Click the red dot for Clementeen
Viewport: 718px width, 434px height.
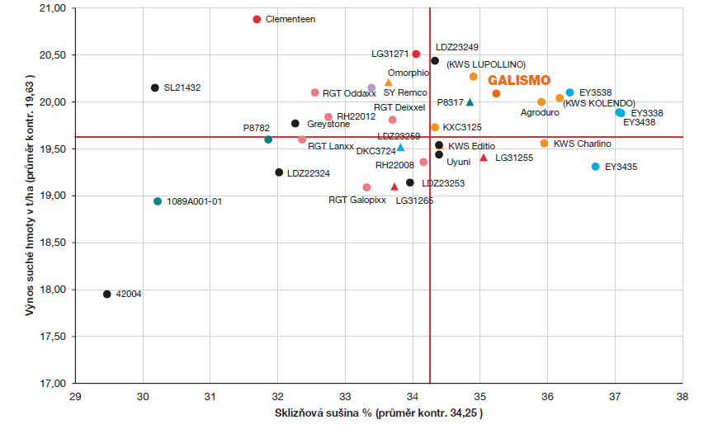tap(257, 19)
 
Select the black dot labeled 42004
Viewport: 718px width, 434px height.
tap(106, 294)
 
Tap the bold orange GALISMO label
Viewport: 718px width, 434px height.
tap(519, 81)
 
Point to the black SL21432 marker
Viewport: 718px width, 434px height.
tap(154, 87)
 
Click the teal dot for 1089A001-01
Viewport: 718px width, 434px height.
tap(158, 201)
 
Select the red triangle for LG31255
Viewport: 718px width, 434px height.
tap(484, 157)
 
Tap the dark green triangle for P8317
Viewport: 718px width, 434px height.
tap(470, 102)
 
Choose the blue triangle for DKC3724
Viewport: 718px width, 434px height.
tap(400, 148)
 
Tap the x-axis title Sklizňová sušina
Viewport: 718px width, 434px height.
tap(378, 413)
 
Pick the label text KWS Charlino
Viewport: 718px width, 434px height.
tap(583, 144)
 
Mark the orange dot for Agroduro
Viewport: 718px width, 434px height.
tap(541, 102)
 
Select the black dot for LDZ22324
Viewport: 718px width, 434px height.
tap(279, 172)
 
